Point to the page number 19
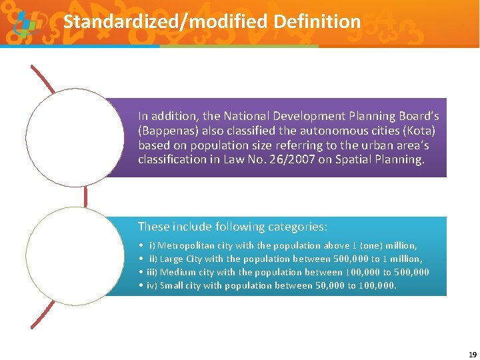coord(472,355)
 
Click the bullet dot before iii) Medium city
coord(141,272)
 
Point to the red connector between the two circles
coord(85,196)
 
